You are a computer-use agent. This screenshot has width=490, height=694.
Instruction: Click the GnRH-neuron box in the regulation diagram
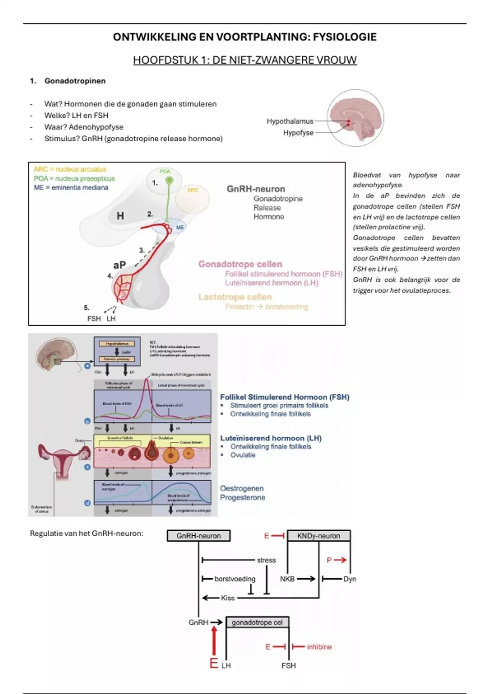coord(198,536)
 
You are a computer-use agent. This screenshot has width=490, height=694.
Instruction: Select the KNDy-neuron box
coord(318,536)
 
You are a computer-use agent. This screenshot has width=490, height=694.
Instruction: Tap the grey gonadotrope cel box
coord(257,623)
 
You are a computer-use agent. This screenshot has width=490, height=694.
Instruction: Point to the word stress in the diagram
coord(266,560)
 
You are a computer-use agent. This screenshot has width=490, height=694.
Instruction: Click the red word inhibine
coord(319,647)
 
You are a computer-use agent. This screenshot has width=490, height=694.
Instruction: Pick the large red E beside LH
coord(214,663)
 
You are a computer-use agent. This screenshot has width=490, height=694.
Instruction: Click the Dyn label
coord(350,579)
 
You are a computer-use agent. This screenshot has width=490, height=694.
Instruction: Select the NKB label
coord(287,579)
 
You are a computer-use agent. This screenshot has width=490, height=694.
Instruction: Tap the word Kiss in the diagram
coord(228,598)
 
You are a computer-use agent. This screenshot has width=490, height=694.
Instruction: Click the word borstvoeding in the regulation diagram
coord(235,579)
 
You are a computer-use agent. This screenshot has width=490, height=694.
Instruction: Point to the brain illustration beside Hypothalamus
coord(356,118)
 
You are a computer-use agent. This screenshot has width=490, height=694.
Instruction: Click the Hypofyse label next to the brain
coord(298,133)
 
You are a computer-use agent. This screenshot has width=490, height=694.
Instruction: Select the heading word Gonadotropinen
coord(75,81)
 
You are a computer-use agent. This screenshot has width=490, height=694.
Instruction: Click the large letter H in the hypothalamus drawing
coord(120,216)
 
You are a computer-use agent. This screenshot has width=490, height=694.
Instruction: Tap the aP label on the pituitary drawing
coord(119,265)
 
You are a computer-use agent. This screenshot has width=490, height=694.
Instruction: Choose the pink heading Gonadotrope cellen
coord(240,264)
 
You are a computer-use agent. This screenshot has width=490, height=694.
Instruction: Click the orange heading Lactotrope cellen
coord(235,297)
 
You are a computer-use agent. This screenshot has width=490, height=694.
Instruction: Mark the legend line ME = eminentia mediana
coord(71,188)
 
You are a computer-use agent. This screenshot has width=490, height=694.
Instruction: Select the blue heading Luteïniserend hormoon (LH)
coord(271,438)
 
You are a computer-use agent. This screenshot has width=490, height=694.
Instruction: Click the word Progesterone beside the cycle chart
coord(243,498)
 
